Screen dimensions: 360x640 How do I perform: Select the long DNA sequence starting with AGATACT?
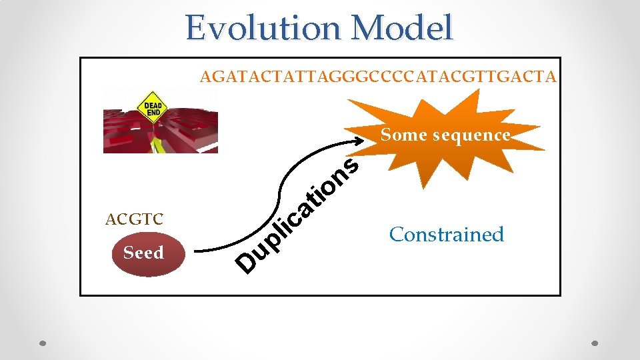click(377, 77)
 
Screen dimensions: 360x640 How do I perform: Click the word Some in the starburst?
click(404, 135)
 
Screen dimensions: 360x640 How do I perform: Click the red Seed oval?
click(143, 253)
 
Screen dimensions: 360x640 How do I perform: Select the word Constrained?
click(447, 235)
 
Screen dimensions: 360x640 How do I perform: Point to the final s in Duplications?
click(351, 164)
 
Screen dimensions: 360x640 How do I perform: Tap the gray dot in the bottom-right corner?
click(596, 344)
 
